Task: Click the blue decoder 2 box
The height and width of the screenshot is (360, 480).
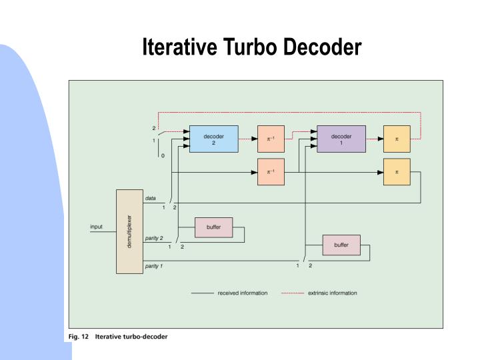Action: coord(213,139)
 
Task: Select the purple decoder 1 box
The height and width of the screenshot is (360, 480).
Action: coord(341,139)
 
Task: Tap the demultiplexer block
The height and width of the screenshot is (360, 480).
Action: coord(129,231)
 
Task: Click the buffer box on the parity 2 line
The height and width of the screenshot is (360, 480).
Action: coord(213,227)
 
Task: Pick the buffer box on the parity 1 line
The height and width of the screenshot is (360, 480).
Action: coord(341,245)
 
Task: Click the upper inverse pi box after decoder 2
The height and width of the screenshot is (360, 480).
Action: coord(270,139)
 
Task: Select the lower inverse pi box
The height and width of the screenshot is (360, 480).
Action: coord(270,172)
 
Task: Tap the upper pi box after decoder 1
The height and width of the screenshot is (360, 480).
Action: coord(397,139)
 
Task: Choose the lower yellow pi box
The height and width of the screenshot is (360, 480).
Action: coord(397,172)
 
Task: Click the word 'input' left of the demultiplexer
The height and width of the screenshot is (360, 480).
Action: coord(97,227)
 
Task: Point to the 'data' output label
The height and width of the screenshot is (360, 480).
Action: coord(151,197)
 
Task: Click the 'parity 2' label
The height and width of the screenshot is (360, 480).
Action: coord(154,237)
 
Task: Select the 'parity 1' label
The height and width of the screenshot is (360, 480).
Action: coord(154,266)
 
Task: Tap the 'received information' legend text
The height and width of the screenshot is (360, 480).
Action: coord(243,293)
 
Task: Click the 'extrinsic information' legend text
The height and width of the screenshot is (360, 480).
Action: coord(333,293)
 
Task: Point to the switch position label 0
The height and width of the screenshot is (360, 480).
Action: coord(162,155)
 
